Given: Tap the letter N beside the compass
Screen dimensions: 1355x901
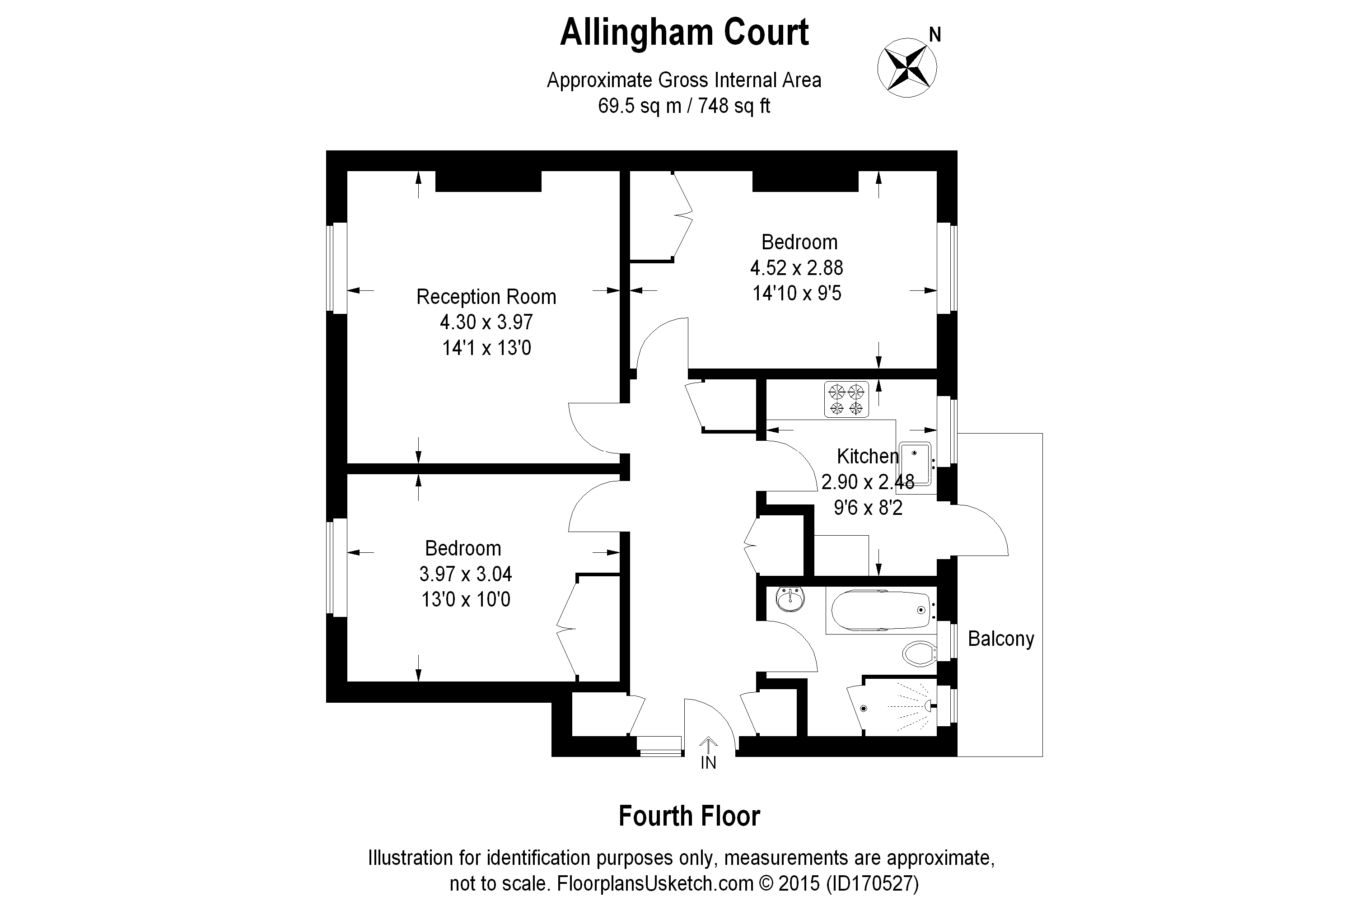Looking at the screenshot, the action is coord(935,36).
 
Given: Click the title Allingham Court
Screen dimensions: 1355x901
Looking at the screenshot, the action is coord(684,33).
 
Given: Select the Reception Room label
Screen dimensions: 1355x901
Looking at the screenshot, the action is coord(486,297).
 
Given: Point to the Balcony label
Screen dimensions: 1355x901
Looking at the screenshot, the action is coord(1000,639).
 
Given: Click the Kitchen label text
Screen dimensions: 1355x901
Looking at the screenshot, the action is coord(867,456).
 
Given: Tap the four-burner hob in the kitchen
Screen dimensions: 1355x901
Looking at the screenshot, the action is coord(846,399).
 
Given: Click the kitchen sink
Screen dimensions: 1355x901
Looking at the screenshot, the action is coord(916,463).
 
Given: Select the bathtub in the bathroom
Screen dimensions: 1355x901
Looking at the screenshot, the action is coord(880,611).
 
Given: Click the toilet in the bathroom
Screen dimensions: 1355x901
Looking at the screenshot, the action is coord(918,654).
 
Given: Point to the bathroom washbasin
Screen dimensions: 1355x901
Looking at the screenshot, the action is coord(791,599).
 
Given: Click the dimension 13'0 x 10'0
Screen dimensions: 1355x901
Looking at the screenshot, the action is coord(466,599).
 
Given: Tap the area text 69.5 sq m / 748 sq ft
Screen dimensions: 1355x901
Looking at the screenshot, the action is coord(684,106).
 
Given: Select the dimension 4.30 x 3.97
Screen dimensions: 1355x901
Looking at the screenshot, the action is coord(486,322).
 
